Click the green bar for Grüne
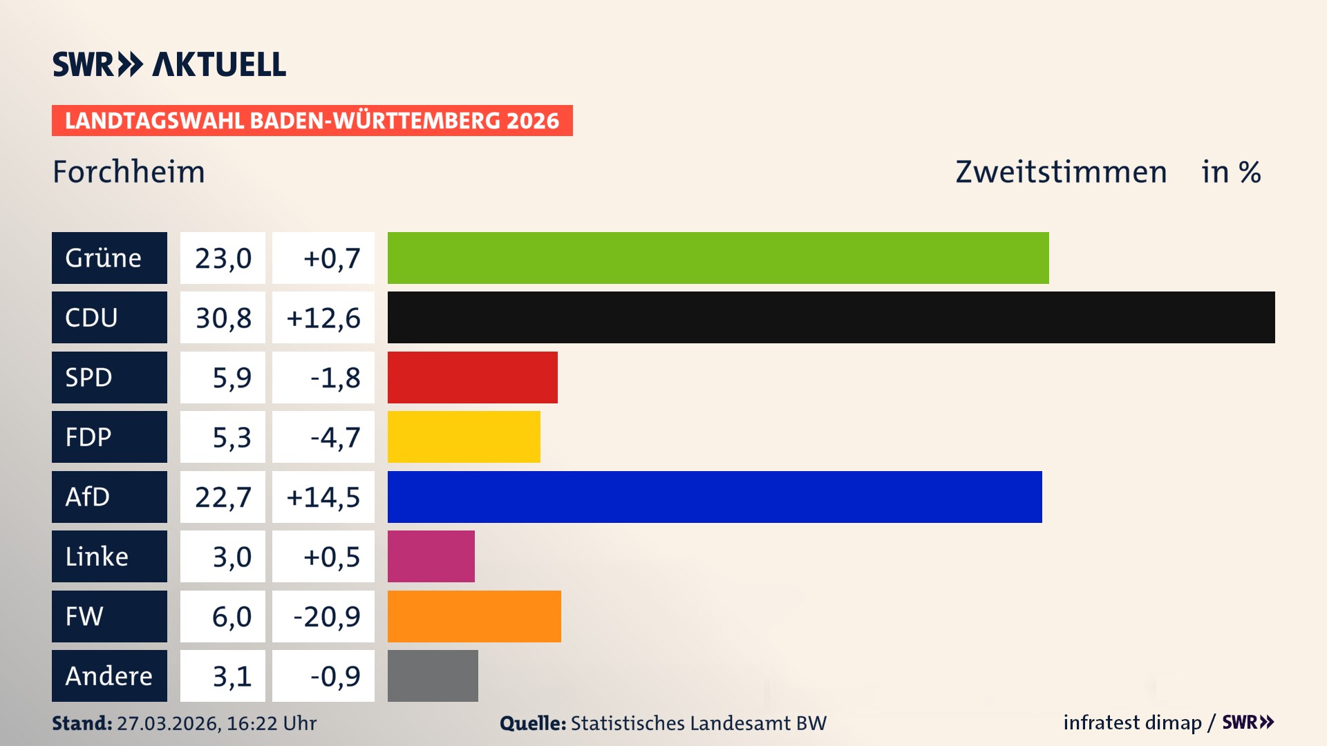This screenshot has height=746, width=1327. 717,258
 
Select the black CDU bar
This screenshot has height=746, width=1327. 831,317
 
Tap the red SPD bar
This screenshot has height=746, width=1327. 472,377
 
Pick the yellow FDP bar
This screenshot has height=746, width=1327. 464,437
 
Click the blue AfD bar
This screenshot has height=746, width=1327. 714,497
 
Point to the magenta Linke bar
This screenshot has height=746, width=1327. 431,556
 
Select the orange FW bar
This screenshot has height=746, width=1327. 474,616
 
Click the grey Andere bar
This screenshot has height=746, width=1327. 433,676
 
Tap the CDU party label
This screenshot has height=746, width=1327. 109,317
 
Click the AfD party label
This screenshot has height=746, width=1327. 109,497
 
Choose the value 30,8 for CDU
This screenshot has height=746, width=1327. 223,318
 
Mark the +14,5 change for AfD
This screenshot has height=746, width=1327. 323,497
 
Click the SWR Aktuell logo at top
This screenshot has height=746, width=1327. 169,64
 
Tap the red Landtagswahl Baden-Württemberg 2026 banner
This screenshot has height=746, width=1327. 312,120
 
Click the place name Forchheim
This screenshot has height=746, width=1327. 129,172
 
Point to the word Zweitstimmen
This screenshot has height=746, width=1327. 1061,172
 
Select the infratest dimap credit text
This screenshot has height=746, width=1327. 1132,723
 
